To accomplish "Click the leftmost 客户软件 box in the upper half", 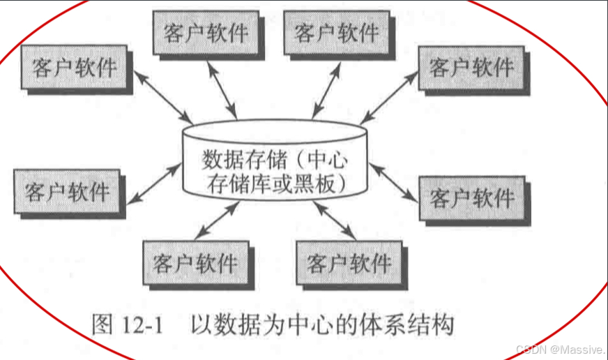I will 75,68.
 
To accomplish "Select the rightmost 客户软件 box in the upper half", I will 471,67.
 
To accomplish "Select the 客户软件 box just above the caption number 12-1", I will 194,262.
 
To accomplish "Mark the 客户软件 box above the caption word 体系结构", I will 349,262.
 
